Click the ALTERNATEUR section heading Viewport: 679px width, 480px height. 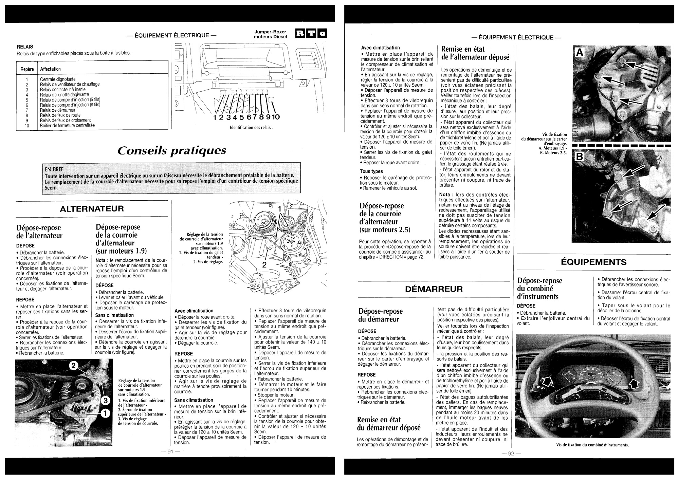[92, 208]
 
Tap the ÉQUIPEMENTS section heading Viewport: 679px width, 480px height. [593, 262]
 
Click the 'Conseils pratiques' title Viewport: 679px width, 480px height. [171, 150]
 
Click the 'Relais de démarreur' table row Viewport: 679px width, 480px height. [58, 110]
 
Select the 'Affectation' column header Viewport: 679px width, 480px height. [50, 69]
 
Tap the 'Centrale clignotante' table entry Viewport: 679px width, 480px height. [58, 79]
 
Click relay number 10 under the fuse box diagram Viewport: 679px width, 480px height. [275, 117]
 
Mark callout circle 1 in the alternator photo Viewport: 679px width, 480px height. [105, 413]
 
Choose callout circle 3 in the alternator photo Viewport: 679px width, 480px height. [106, 401]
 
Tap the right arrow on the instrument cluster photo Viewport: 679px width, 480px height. [634, 384]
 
